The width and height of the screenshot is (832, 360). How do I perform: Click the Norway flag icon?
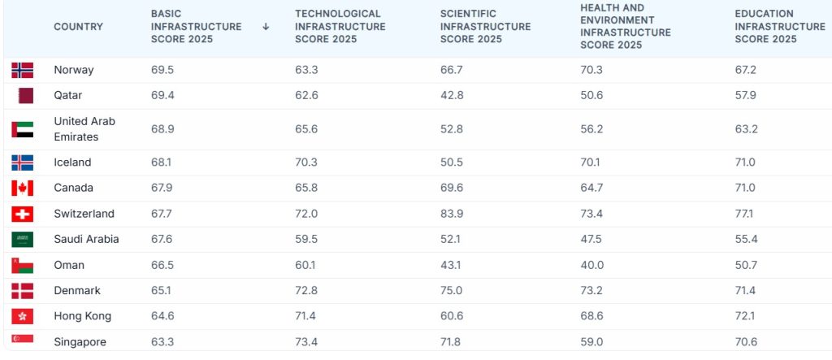point(22,70)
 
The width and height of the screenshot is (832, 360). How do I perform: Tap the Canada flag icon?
point(22,188)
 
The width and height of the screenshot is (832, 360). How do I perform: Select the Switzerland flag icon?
point(22,214)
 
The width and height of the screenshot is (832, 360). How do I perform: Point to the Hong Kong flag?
point(22,316)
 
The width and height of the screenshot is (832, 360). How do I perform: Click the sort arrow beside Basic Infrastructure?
point(266,27)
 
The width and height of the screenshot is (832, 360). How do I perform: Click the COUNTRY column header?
point(79,27)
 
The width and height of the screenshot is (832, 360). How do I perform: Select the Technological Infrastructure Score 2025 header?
point(340,27)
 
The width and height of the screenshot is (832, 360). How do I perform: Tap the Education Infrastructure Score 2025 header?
point(780,27)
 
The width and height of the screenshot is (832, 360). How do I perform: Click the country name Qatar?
point(68,96)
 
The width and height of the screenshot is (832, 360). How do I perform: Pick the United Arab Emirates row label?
point(84,129)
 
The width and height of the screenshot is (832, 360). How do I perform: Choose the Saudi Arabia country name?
point(86,240)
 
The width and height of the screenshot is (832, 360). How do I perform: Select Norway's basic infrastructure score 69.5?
point(162,70)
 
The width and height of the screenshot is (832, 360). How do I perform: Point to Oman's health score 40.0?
point(591,265)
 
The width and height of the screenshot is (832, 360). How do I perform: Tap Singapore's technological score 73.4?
point(306,342)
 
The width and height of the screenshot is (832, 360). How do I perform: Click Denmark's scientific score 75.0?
point(452,291)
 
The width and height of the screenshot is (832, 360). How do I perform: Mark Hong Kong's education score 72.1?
point(745,316)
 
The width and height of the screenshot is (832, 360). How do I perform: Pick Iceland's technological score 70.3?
point(306,163)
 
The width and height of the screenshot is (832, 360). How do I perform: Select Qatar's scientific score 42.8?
point(452,96)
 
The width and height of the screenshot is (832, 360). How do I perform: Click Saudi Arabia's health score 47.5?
point(591,240)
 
